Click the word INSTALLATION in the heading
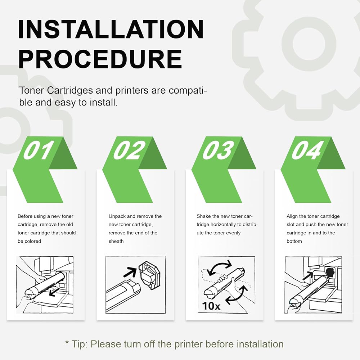point(111,29)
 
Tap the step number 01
point(39,150)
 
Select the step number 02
point(129,150)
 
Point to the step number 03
point(218,150)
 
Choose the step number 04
point(307,150)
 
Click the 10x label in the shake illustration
point(211,306)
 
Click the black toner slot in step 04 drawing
point(330,272)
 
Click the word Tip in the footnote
point(79,345)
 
